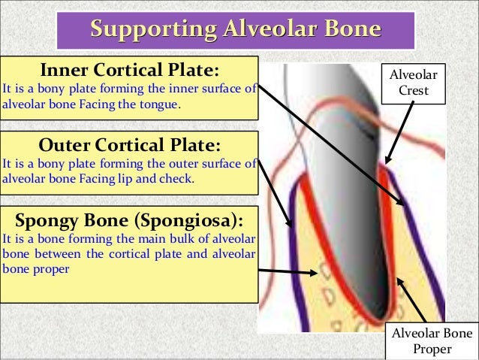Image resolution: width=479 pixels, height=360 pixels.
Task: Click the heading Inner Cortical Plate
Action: tap(130, 71)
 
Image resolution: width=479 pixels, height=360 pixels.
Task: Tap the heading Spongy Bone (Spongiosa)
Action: tap(130, 219)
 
